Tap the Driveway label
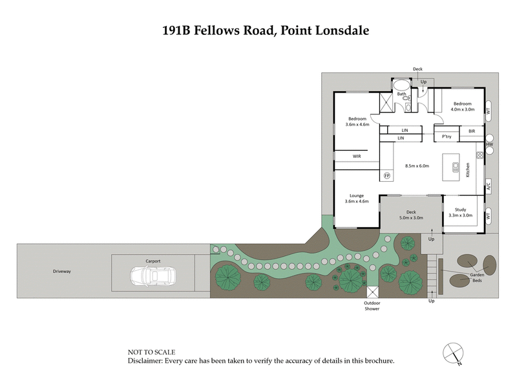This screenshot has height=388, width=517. click(62, 272)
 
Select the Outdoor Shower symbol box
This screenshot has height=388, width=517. click(372, 292)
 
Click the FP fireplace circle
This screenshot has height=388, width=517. click(387, 175)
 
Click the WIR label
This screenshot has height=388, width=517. click(356, 156)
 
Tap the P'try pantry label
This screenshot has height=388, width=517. click(446, 137)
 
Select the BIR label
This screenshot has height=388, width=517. click(472, 131)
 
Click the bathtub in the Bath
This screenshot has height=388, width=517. click(401, 84)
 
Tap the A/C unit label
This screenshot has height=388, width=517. click(489, 187)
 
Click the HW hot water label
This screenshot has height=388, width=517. click(490, 144)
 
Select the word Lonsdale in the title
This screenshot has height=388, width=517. click(339, 30)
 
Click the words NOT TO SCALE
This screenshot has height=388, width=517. click(151, 352)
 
